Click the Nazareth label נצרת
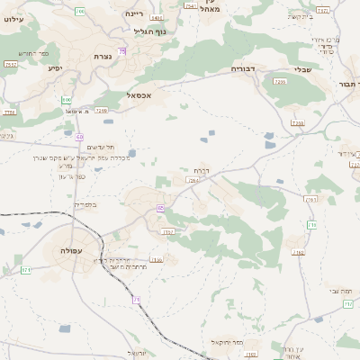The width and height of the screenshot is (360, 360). (103, 57)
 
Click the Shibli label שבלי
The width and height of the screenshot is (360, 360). (302, 69)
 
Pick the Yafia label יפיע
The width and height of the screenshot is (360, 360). (54, 68)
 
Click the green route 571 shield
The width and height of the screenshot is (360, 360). (26, 270)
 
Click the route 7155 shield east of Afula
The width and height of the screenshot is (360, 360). (157, 260)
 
